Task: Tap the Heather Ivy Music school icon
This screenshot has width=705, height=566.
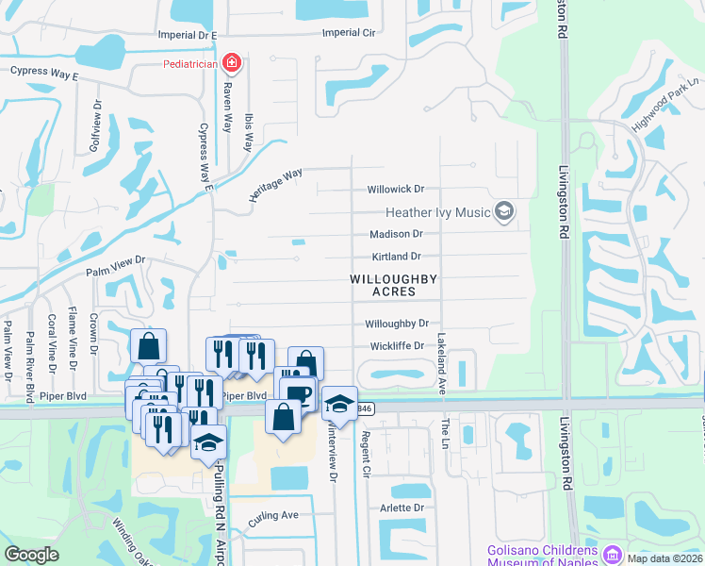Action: [x=504, y=211]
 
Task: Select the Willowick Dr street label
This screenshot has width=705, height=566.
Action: [x=396, y=189]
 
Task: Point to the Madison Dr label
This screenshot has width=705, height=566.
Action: [x=396, y=234]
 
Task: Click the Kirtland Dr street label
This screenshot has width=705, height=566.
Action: [x=395, y=256]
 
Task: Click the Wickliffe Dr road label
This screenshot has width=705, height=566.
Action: [x=396, y=346]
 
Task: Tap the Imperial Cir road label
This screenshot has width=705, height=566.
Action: [x=349, y=32]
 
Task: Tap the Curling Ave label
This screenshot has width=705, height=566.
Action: [x=273, y=516]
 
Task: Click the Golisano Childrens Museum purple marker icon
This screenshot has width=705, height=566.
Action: [x=614, y=553]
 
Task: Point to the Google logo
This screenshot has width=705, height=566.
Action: [x=31, y=555]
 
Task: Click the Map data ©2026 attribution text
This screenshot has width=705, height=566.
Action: [x=664, y=558]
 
